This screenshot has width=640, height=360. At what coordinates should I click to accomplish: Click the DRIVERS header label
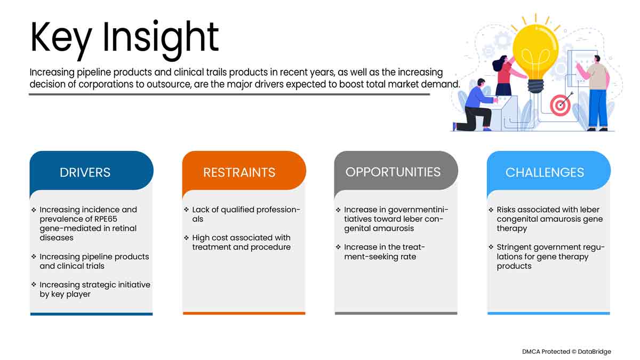click(85, 172)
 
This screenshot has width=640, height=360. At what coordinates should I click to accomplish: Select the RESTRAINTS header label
click(239, 172)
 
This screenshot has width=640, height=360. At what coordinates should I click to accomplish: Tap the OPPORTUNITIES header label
click(393, 172)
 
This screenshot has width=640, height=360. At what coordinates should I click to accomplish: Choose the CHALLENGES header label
click(545, 172)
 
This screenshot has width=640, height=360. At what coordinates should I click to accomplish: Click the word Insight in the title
click(161, 38)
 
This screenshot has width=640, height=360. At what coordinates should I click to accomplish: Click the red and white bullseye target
click(561, 106)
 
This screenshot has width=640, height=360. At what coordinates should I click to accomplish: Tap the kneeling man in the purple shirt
click(476, 105)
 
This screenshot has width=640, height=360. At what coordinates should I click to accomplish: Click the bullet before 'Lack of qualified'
click(186, 210)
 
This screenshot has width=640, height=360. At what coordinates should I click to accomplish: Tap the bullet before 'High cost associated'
click(186, 238)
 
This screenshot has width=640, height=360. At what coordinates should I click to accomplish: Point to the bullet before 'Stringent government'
click(491, 247)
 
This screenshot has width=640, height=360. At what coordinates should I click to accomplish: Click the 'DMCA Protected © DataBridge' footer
click(566, 351)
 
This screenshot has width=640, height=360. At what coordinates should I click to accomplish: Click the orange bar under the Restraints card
click(244, 314)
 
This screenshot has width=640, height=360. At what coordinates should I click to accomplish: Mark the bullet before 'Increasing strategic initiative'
click(34, 285)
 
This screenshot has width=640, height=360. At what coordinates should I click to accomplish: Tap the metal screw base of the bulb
click(535, 86)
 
